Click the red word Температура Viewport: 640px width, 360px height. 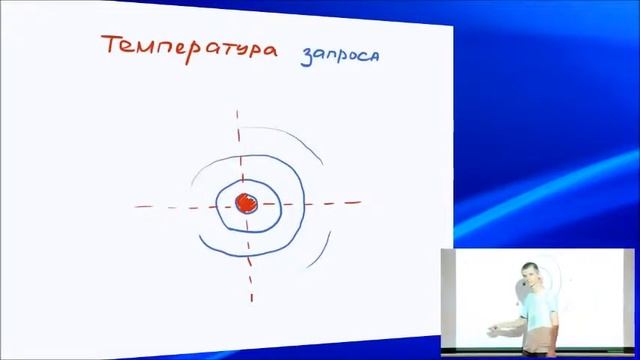tap(188, 48)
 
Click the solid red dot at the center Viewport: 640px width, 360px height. tap(246, 204)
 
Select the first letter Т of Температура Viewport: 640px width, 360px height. tap(112, 46)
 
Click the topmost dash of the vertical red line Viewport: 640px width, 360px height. tap(238, 114)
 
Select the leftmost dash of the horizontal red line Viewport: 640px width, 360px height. tap(142, 206)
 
